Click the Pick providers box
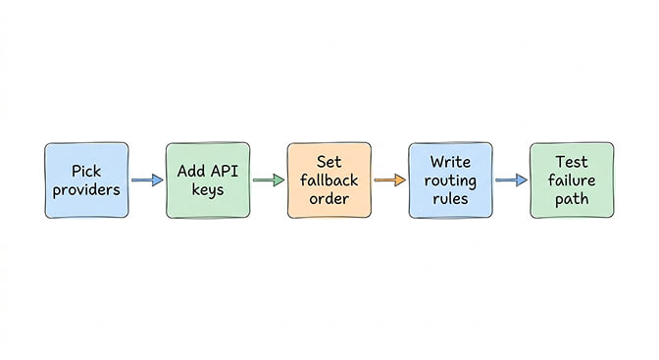click(x=85, y=180)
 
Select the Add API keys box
click(x=207, y=180)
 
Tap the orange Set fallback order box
click(x=329, y=180)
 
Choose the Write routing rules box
click(x=450, y=180)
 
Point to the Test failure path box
click(x=572, y=180)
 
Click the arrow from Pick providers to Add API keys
click(x=146, y=180)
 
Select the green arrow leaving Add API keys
click(x=268, y=180)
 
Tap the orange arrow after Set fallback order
click(x=389, y=180)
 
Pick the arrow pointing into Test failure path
click(x=511, y=180)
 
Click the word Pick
click(x=86, y=172)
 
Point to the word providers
click(x=86, y=190)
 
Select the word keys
click(x=207, y=190)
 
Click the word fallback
click(x=329, y=180)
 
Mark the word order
click(x=329, y=199)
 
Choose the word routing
click(x=451, y=180)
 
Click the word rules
click(x=451, y=199)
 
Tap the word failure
click(x=573, y=180)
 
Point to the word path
click(x=573, y=199)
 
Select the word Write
click(x=451, y=162)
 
